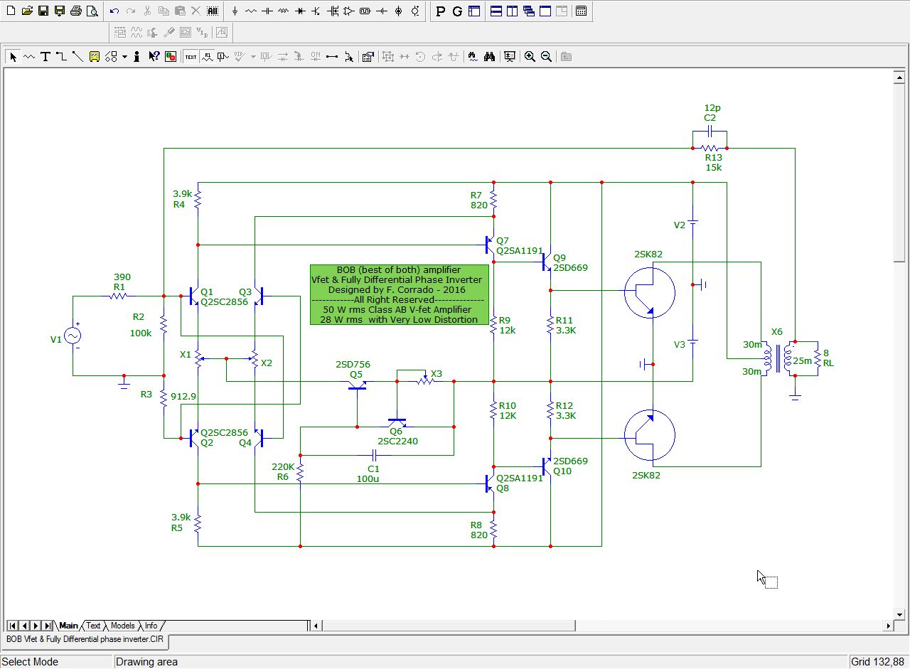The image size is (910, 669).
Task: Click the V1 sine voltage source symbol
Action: [x=73, y=336]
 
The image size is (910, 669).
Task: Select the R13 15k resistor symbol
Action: [x=710, y=149]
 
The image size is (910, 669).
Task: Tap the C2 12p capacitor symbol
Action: [x=710, y=132]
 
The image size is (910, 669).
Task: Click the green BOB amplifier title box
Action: [x=400, y=294]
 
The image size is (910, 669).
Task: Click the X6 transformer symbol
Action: [x=778, y=358]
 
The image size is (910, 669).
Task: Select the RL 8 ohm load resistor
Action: [x=818, y=358]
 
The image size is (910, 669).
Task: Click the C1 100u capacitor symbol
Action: [x=375, y=455]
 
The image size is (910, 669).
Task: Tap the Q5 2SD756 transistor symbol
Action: [x=357, y=386]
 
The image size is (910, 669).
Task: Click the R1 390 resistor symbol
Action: [x=118, y=296]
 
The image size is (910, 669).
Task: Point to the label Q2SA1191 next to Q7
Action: [x=520, y=251]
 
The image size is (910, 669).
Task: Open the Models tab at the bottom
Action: [x=122, y=626]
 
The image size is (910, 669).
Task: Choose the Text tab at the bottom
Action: [x=93, y=626]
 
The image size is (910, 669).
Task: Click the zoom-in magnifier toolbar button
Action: [x=530, y=56]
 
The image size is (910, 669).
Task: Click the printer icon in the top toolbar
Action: [x=76, y=11]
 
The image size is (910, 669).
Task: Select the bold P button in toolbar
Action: [x=440, y=11]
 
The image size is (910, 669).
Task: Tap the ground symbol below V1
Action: [x=124, y=383]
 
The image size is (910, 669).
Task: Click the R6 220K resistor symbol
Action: [x=300, y=473]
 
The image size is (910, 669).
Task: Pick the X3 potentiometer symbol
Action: [x=425, y=380]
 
